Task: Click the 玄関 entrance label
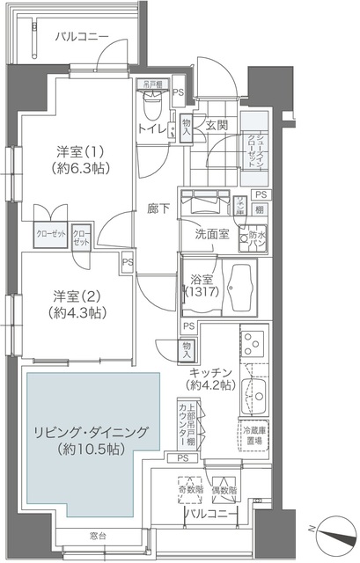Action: click(217, 125)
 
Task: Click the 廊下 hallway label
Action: click(159, 210)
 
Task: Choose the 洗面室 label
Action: click(212, 234)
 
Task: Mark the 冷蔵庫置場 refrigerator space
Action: click(254, 433)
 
